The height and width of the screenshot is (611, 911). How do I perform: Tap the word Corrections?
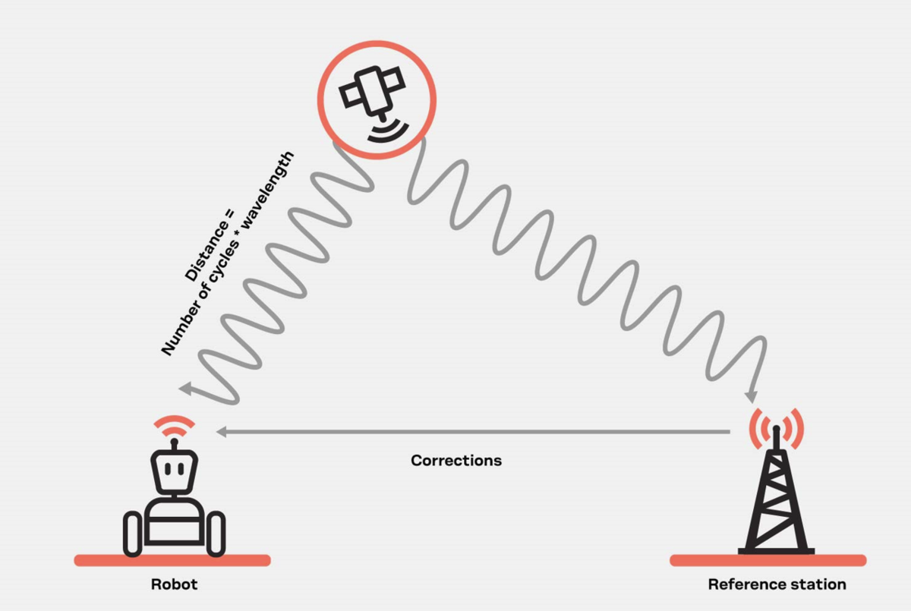tap(456, 461)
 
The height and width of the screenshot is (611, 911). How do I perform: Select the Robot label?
tap(174, 584)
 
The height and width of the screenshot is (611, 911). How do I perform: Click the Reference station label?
tap(777, 584)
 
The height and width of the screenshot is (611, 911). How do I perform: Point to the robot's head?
tap(174, 471)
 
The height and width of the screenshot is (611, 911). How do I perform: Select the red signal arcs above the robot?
tap(174, 423)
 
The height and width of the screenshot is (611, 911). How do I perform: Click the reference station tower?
tap(776, 501)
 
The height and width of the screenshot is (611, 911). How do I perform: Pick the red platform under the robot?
tap(172, 560)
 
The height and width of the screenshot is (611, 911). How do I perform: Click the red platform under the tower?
tap(768, 560)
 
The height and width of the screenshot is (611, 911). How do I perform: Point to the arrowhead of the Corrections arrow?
tap(221, 432)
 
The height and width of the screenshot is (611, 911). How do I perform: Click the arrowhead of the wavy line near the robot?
tap(184, 389)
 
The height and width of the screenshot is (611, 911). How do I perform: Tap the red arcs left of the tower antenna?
tap(756, 427)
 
